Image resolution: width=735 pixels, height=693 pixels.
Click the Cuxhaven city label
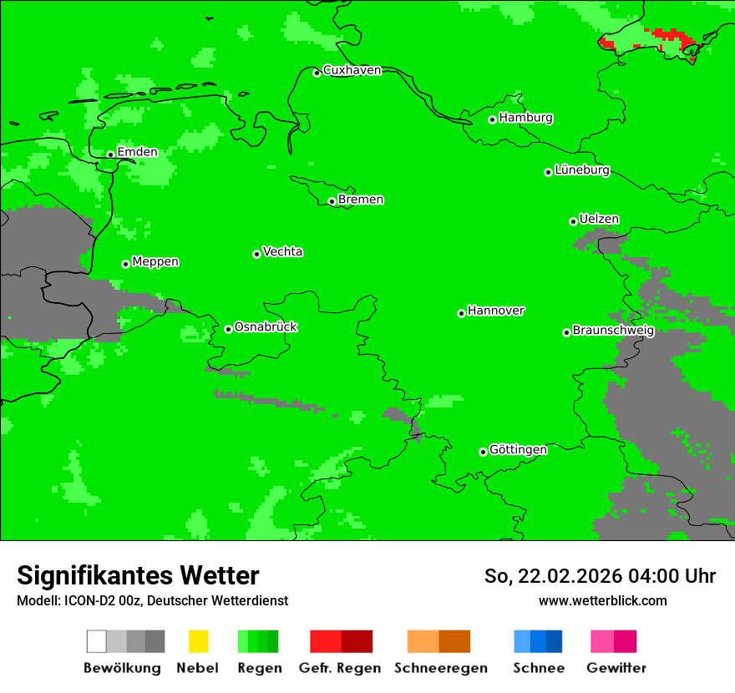click(352, 70)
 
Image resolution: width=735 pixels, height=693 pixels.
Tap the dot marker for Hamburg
click(493, 119)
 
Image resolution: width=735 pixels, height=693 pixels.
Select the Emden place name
click(137, 152)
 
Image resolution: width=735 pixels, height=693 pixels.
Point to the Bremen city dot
click(332, 201)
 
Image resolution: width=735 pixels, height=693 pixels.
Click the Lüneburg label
click(582, 170)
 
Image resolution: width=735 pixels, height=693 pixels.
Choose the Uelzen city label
click(599, 220)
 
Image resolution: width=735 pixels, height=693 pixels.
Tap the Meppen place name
click(155, 262)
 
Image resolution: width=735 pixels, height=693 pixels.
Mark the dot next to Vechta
click(256, 254)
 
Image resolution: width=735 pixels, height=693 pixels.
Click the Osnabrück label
click(266, 327)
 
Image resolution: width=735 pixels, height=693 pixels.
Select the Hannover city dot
click(461, 313)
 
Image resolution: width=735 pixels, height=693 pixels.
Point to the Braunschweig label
click(613, 331)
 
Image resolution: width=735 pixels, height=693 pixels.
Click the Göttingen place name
click(518, 450)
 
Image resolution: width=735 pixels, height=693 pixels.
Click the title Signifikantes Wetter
click(138, 575)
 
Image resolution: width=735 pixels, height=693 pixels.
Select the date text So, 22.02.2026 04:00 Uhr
click(600, 576)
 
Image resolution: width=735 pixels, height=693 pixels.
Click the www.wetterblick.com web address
click(602, 601)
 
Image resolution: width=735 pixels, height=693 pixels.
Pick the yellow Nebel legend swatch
click(198, 641)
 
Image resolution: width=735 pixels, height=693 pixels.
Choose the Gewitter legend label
click(616, 668)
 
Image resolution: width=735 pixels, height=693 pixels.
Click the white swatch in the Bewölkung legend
click(97, 641)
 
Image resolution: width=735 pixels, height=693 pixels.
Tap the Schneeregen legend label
click(440, 668)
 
